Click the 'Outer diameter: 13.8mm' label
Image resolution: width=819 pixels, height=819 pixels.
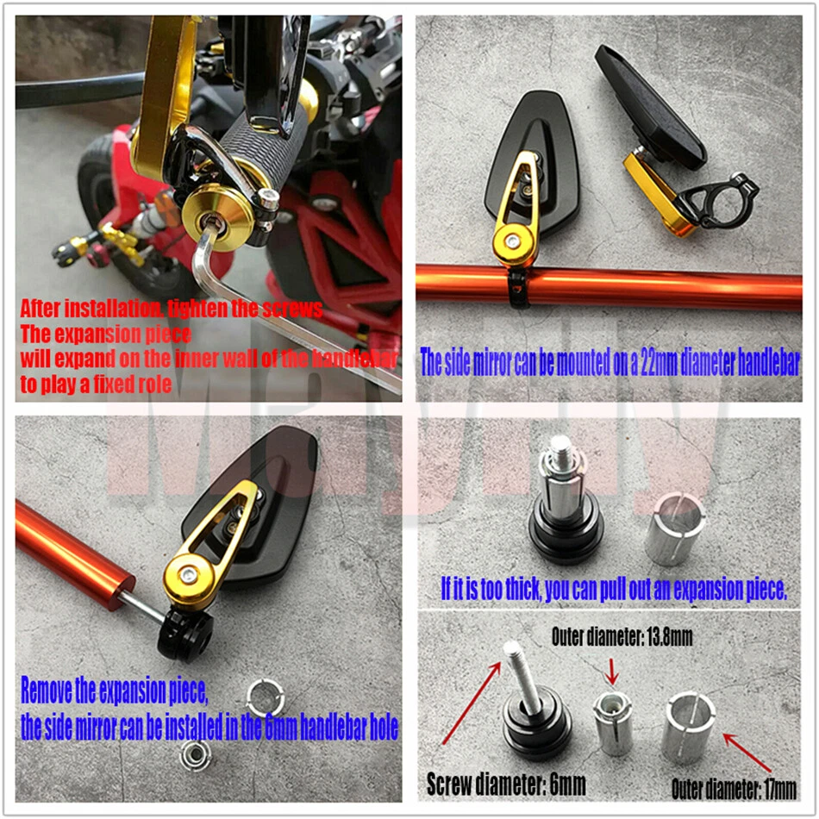622,639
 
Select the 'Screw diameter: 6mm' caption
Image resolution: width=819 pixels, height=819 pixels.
506,785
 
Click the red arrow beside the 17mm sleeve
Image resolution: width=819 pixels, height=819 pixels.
746,753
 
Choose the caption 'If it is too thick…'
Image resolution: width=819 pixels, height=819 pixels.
613,590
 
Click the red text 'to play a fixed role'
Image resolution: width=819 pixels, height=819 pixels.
96,384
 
